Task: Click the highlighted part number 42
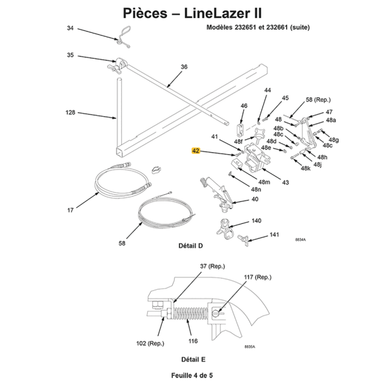pos(196,151)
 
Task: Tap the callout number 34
pos(71,28)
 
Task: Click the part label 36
pos(184,67)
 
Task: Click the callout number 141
pos(274,234)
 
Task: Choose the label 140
pos(256,221)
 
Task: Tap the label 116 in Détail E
pos(192,340)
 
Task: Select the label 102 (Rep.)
pos(150,344)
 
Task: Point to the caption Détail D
pos(190,246)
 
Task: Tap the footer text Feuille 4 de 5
pos(193,375)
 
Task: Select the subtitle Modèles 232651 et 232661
pos(258,28)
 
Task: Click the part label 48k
pos(305,168)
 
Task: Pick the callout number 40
pos(255,200)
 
